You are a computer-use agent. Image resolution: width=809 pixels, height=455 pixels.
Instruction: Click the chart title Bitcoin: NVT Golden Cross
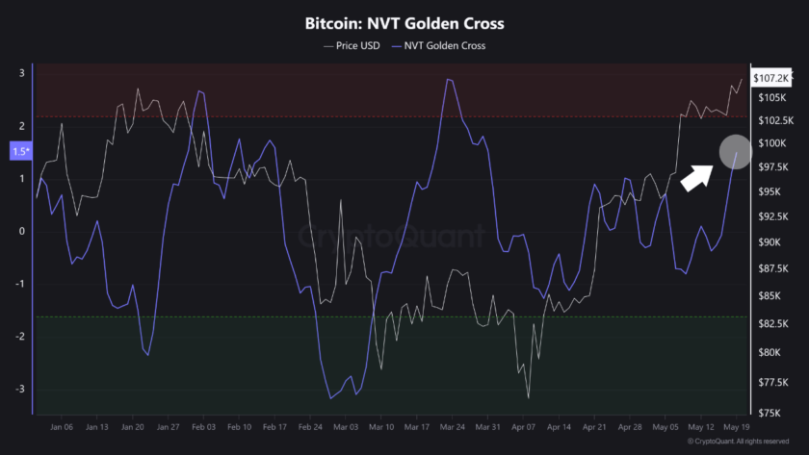pos(404,22)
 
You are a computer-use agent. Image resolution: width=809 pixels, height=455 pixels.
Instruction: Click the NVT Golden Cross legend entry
pos(445,45)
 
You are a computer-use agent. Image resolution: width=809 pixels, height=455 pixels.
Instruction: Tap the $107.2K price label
pos(771,77)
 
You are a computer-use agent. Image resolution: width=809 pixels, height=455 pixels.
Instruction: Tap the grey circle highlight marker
pos(735,151)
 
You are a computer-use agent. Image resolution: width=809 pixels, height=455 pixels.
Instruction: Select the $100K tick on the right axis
pos(771,143)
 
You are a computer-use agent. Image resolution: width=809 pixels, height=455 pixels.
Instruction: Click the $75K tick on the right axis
pos(770,413)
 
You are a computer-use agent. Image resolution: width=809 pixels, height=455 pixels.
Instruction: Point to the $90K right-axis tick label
pos(770,242)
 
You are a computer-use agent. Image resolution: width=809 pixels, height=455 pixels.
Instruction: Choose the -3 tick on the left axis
pos(21,389)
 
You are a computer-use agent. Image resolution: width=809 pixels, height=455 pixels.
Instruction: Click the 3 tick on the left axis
pos(21,74)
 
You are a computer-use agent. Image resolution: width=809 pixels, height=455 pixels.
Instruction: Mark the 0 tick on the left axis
pos(21,231)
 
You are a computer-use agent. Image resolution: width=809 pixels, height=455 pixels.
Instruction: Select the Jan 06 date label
pos(62,426)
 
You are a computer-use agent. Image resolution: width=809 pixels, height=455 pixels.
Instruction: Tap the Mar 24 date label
pos(453,426)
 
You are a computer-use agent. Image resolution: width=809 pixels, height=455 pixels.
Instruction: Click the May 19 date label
pos(738,426)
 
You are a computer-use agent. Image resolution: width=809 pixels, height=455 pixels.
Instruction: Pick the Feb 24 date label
pos(310,426)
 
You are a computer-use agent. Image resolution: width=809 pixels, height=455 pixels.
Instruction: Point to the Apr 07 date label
pos(524,426)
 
